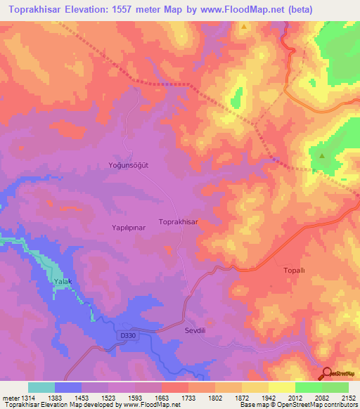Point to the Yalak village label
coord(63,282)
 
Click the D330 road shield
coord(127,338)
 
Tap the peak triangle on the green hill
coord(322,156)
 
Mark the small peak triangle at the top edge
coord(244,27)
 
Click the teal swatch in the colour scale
coord(41,387)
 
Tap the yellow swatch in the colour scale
coord(281,387)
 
